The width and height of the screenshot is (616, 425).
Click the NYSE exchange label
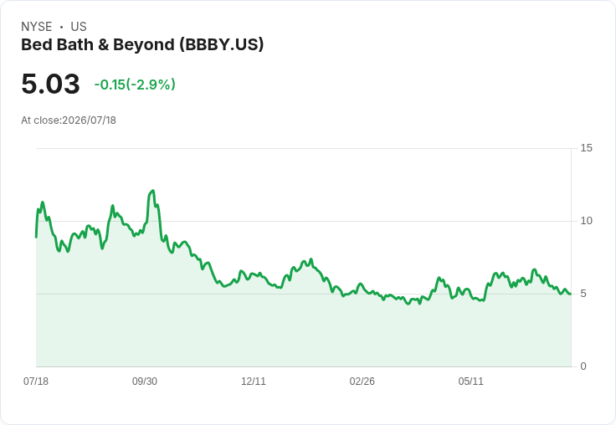click(37, 27)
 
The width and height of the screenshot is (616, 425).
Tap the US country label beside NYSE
click(79, 27)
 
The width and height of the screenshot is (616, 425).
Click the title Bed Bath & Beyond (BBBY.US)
click(142, 45)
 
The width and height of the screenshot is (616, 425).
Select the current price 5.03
click(51, 84)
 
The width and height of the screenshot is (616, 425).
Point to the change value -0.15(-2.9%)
click(135, 84)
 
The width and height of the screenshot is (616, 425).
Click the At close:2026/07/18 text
click(69, 120)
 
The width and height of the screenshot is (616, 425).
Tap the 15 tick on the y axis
click(586, 148)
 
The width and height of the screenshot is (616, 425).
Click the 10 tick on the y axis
click(586, 221)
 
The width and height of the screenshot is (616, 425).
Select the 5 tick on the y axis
click(583, 294)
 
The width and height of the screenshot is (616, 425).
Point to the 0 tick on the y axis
click(583, 366)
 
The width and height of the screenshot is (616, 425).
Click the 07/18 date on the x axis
click(36, 381)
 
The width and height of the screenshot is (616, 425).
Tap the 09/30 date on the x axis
click(145, 381)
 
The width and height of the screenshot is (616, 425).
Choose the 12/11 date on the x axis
click(254, 381)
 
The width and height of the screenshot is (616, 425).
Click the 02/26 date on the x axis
click(362, 381)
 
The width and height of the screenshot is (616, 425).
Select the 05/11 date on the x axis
click(470, 381)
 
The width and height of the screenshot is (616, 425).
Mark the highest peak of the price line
click(153, 191)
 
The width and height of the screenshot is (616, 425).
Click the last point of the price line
click(571, 294)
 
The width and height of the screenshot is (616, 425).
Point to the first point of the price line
click(36, 237)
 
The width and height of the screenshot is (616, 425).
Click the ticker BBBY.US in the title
click(222, 45)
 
